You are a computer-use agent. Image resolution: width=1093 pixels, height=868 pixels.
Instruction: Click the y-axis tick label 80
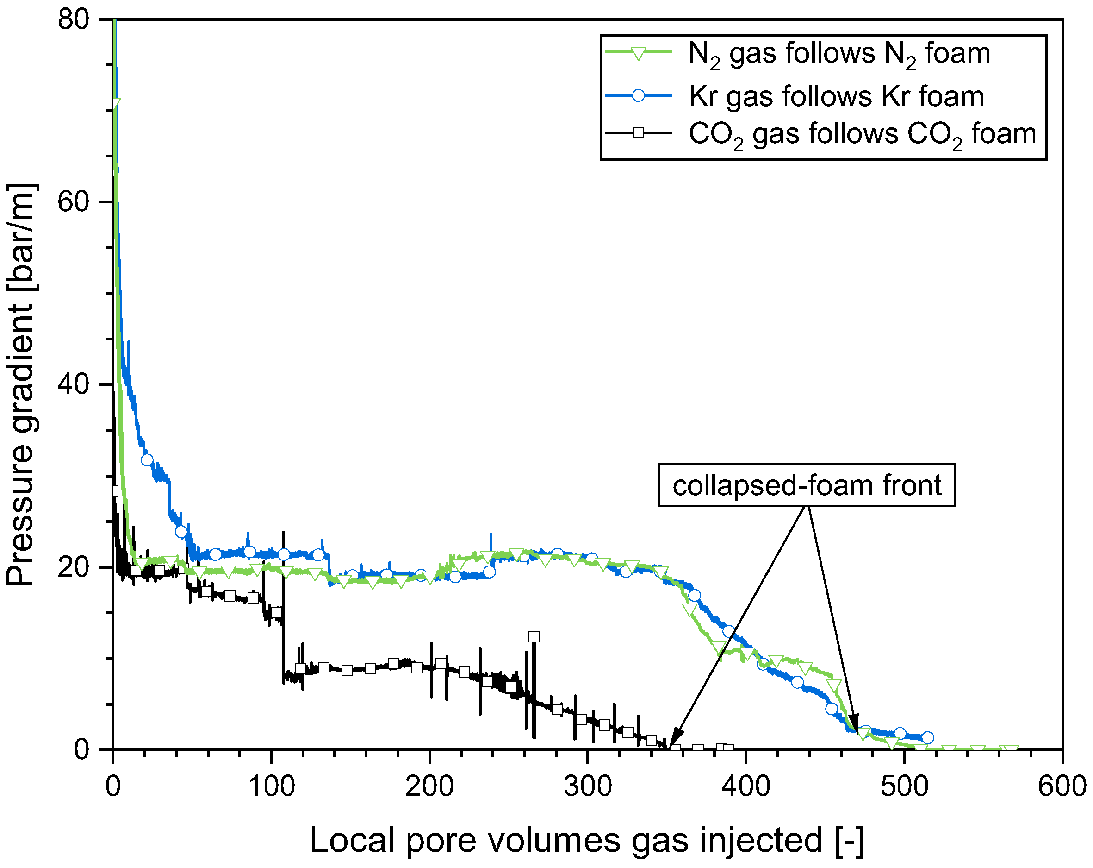(x=73, y=20)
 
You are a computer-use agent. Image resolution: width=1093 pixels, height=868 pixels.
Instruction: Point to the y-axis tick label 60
(x=73, y=202)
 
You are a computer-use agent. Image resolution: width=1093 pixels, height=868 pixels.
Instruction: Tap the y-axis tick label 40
(x=73, y=384)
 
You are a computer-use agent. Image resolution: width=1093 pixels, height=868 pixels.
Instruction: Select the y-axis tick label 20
(x=73, y=566)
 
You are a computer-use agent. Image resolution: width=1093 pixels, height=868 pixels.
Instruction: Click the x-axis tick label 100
(x=271, y=787)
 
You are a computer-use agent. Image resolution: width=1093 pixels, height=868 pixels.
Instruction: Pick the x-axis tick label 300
(x=588, y=787)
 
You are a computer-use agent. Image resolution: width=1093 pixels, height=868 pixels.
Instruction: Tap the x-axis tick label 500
(x=904, y=787)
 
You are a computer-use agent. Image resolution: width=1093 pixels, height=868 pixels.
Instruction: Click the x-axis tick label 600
(x=1062, y=787)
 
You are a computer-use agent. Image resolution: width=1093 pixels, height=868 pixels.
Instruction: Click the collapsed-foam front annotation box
(x=806, y=485)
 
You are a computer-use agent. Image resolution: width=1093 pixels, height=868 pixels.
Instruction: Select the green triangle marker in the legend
(x=638, y=53)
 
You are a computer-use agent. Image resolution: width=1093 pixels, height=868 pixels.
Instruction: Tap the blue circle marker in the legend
(x=638, y=95)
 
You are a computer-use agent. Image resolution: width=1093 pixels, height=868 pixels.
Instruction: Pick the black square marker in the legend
(x=638, y=133)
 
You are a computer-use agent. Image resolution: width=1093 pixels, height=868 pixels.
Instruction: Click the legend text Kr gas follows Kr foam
(x=836, y=96)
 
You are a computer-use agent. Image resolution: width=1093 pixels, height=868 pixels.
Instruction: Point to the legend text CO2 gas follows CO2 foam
(x=862, y=134)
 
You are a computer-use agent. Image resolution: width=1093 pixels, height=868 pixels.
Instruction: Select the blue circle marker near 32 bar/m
(x=147, y=460)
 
